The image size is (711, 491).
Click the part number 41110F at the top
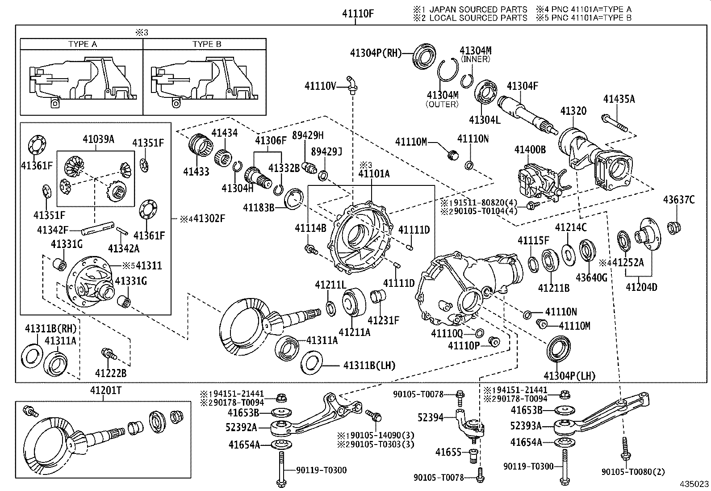tap(358, 14)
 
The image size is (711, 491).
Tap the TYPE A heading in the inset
tap(83, 44)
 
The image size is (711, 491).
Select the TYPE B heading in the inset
tap(207, 44)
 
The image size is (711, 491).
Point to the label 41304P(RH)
tap(376, 53)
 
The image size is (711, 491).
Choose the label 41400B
tap(530, 149)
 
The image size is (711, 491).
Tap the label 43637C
tap(679, 200)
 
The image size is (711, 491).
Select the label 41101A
tap(374, 174)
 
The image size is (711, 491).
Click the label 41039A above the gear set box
tap(98, 139)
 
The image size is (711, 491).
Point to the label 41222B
tap(111, 373)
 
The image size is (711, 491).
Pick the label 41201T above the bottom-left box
tap(106, 390)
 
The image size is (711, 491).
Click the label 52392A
tap(241, 428)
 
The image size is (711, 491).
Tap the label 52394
tap(430, 418)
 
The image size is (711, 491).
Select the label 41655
tap(448, 452)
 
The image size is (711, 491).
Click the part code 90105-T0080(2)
tap(633, 472)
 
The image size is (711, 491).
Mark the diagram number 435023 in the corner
tap(694, 484)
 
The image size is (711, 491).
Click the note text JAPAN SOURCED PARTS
tap(478, 9)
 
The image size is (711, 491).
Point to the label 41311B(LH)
tap(369, 365)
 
